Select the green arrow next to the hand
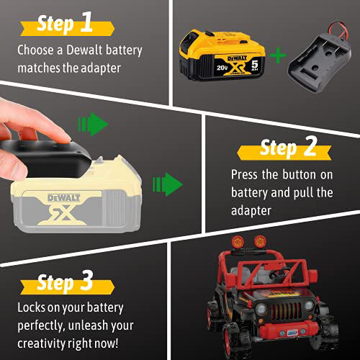pos(97,123)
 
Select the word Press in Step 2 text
pos(246,174)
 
